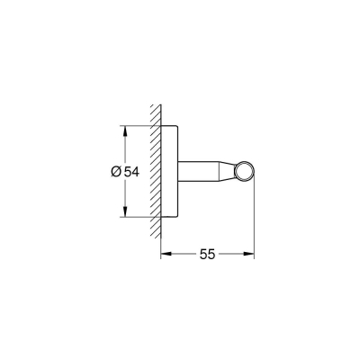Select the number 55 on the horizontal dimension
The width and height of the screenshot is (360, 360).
point(208,256)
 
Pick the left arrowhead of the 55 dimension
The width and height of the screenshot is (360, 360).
point(166,256)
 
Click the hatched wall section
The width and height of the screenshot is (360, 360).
point(156,171)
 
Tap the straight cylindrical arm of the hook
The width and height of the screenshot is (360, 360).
point(202,172)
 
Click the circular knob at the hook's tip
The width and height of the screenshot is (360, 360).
point(244,172)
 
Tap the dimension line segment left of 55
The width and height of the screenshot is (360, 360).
point(180,256)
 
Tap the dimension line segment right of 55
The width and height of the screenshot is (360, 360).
point(236,256)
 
